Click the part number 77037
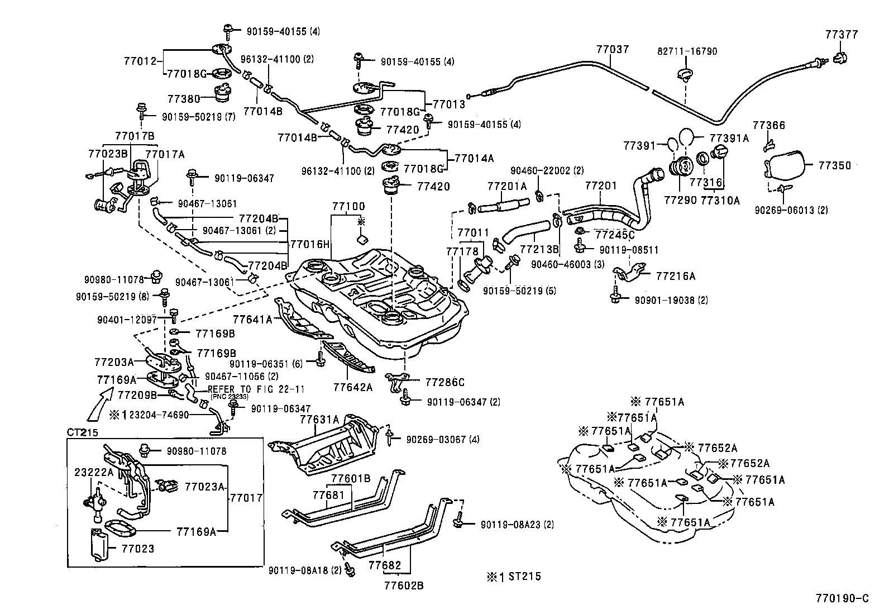tap(613, 49)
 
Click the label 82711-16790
tap(687, 51)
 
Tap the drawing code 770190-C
tap(845, 598)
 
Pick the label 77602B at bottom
tap(404, 586)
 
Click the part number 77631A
tap(319, 419)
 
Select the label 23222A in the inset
tap(94, 472)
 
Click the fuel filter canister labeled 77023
tap(101, 544)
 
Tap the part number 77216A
tap(676, 276)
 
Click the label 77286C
tap(444, 382)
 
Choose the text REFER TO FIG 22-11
tap(256, 389)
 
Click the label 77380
tap(183, 99)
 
